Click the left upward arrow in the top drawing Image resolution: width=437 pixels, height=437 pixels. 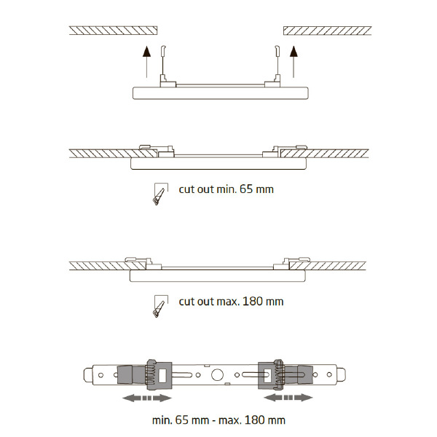click(x=147, y=62)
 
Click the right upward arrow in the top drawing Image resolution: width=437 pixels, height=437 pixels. click(x=294, y=62)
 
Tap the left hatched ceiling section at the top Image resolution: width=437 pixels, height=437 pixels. click(x=113, y=31)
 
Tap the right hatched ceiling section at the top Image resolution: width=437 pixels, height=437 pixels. click(x=328, y=31)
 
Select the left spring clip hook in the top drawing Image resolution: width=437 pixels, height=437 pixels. click(x=163, y=51)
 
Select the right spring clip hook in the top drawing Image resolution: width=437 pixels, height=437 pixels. click(x=277, y=51)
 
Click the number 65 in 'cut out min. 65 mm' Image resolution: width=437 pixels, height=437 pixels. click(x=246, y=189)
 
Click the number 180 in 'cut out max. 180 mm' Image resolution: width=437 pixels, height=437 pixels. click(x=253, y=302)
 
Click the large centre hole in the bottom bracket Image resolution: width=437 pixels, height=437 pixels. click(x=217, y=375)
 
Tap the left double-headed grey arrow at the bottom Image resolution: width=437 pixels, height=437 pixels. click(x=147, y=398)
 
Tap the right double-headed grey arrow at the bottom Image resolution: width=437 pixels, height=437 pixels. click(x=288, y=398)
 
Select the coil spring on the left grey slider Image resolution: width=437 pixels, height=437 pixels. click(x=151, y=374)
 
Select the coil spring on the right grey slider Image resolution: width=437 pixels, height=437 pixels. click(x=279, y=374)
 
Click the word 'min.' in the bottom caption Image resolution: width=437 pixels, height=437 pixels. click(x=162, y=420)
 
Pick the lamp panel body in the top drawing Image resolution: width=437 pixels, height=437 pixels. click(x=221, y=93)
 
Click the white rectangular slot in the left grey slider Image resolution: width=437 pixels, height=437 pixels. click(x=162, y=375)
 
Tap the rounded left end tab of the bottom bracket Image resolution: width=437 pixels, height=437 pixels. click(x=88, y=375)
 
